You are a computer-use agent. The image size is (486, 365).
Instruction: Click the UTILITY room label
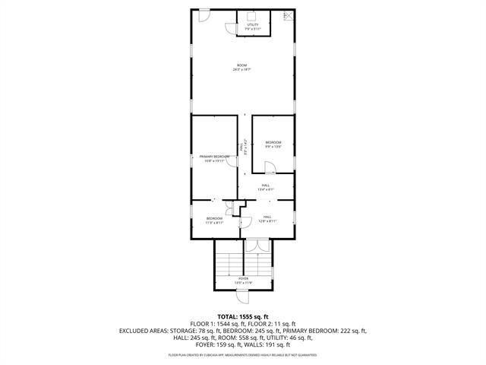[x=253, y=24]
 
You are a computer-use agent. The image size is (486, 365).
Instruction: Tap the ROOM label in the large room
[x=242, y=65]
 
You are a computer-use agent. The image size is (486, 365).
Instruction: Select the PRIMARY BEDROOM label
[x=215, y=157]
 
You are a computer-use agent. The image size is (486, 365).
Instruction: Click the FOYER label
[x=243, y=278]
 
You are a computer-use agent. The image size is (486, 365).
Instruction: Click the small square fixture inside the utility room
[x=251, y=14]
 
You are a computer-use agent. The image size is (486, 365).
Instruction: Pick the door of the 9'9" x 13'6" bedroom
[x=269, y=168]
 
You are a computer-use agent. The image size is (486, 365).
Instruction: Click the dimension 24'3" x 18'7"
[x=242, y=70]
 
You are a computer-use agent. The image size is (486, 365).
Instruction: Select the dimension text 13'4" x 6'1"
[x=266, y=189]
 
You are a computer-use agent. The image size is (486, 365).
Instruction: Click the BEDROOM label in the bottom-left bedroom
[x=214, y=219]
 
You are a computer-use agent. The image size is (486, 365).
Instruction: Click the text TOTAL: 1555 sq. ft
[x=243, y=316]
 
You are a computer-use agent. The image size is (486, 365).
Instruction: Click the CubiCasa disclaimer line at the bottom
[x=243, y=354]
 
